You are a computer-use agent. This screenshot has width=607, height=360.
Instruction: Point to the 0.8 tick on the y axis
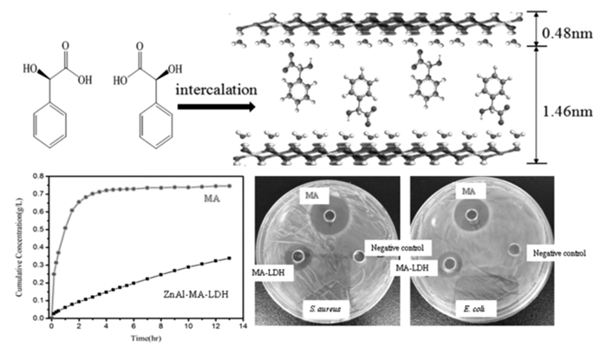34,175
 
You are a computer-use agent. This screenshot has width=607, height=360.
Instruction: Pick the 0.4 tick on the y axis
34,247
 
